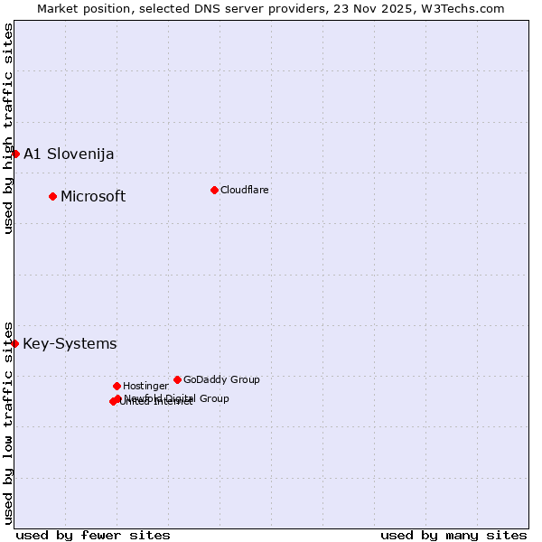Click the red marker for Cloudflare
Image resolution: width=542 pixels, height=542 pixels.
(x=214, y=190)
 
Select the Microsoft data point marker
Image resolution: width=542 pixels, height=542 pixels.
(x=52, y=196)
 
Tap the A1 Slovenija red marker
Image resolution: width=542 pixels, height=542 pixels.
(x=15, y=154)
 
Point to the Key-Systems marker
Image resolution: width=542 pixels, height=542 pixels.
(x=14, y=343)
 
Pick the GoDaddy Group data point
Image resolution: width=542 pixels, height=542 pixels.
(x=177, y=379)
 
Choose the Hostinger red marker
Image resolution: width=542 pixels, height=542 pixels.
(x=117, y=386)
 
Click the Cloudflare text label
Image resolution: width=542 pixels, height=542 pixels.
(x=244, y=190)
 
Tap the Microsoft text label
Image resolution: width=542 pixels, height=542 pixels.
(x=93, y=196)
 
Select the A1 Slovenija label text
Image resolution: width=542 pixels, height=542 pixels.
(x=69, y=154)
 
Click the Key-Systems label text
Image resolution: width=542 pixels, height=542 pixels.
(x=70, y=343)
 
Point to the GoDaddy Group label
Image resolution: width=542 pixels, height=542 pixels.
(x=221, y=379)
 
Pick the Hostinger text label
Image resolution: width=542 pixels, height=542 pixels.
(x=145, y=386)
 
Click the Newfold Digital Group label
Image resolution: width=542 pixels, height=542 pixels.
(x=176, y=398)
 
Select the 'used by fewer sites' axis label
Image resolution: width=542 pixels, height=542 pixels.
(x=93, y=535)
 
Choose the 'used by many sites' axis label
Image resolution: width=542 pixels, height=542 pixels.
(x=453, y=535)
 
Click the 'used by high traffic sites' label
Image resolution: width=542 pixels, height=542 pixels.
(x=8, y=128)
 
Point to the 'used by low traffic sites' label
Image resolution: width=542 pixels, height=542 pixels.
(x=8, y=422)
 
